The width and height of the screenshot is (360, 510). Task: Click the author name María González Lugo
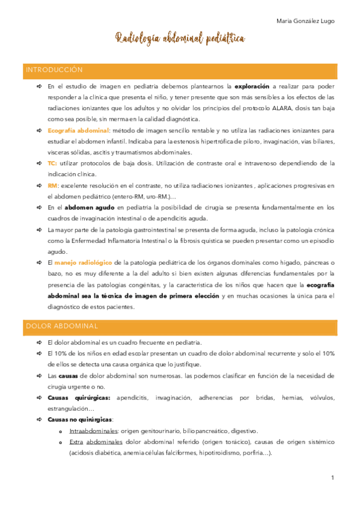(305, 21)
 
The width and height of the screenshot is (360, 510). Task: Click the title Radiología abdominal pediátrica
(180, 39)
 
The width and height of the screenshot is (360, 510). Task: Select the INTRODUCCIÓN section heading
(54, 70)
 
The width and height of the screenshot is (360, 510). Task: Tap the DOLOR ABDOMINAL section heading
(62, 326)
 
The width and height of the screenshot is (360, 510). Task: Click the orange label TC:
(52, 163)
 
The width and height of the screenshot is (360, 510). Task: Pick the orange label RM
(52, 185)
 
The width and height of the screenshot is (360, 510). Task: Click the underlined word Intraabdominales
(93, 431)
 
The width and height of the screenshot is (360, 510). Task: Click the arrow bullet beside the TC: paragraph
(38, 163)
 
